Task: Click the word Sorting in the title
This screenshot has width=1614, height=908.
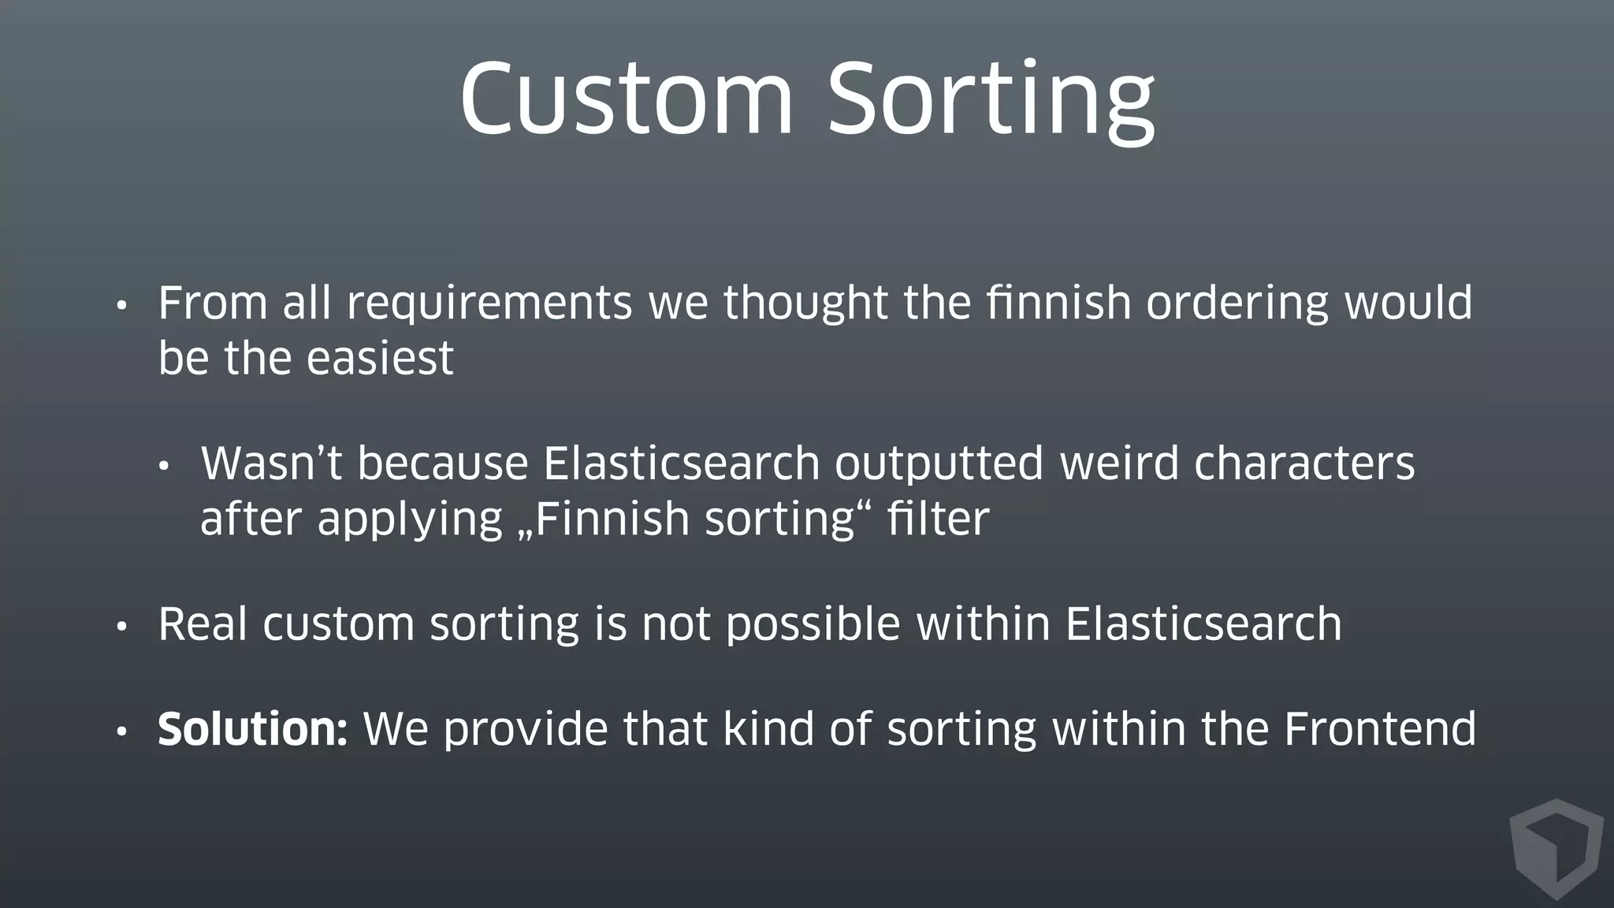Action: (991, 101)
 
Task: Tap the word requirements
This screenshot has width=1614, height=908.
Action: (489, 305)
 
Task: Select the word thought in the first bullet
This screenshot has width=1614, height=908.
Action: (805, 305)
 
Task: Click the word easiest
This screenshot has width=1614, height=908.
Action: (379, 359)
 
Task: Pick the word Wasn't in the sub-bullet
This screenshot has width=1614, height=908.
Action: (271, 463)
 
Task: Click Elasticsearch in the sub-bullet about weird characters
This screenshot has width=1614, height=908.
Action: (682, 463)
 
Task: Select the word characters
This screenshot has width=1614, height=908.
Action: (1304, 463)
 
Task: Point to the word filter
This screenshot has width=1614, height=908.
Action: (938, 520)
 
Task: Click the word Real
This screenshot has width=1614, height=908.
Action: (203, 624)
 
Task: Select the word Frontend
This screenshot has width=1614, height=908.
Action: (1380, 729)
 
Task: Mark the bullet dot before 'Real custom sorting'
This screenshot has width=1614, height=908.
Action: (121, 628)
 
